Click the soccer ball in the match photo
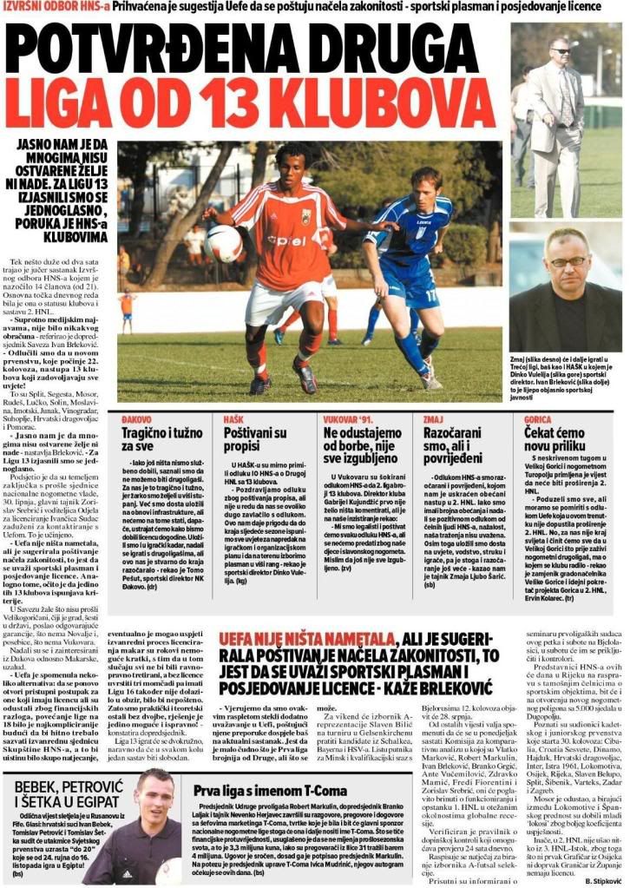[224, 243]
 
